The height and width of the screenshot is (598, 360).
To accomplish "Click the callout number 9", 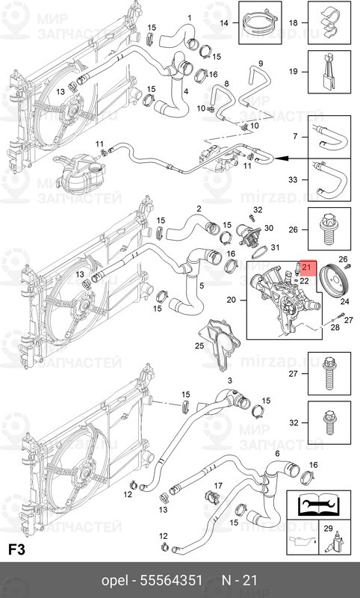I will click(x=261, y=63).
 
